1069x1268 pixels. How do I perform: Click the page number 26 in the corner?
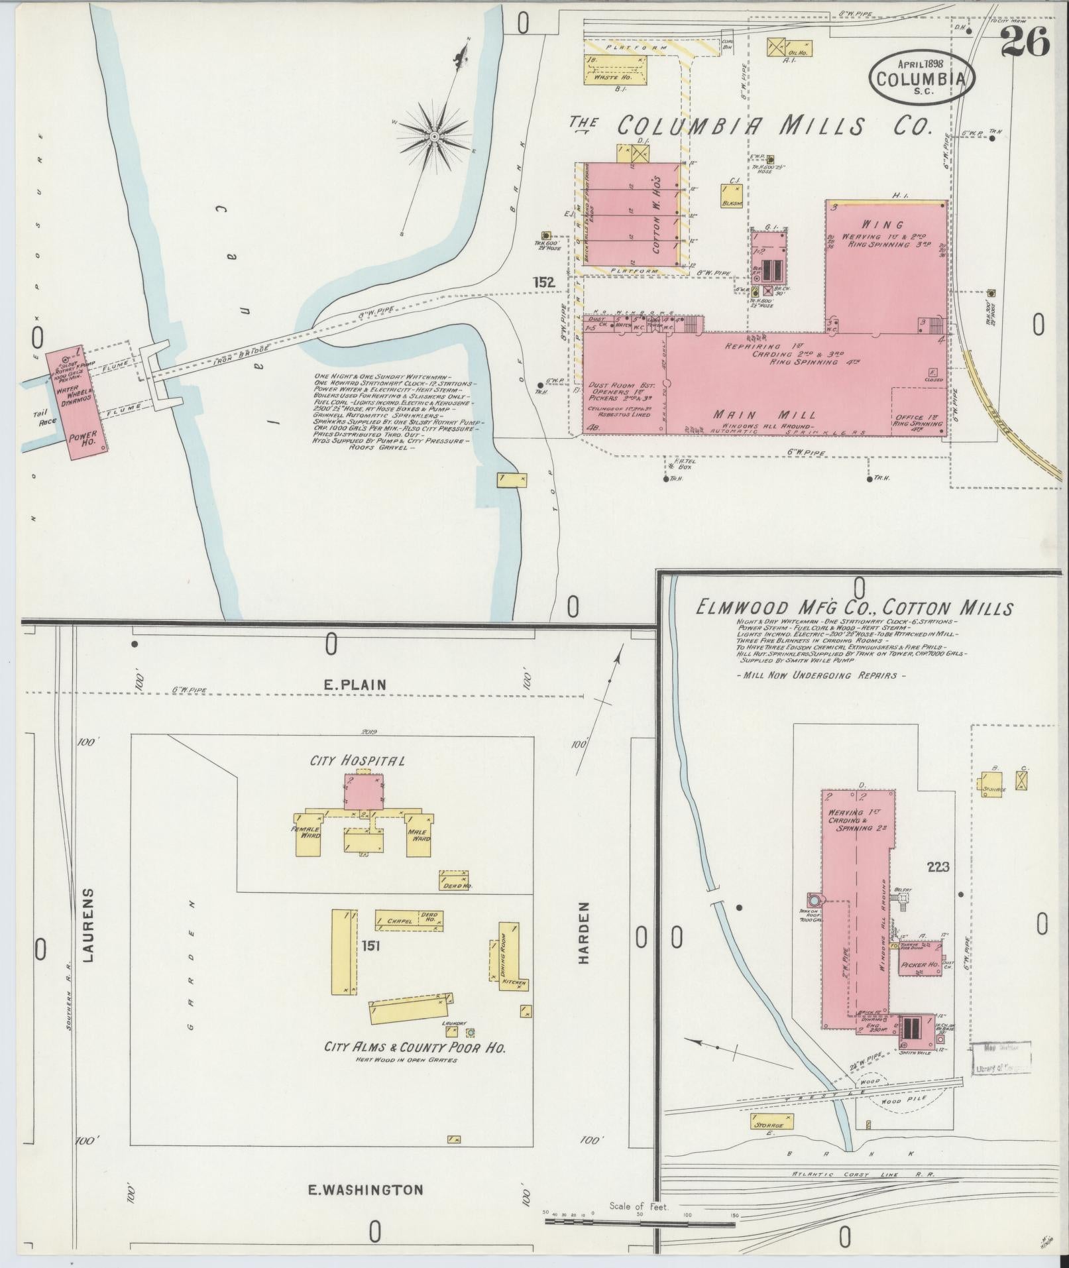pos(1025,41)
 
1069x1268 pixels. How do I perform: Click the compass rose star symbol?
pos(434,137)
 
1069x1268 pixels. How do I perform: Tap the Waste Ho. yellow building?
pos(614,70)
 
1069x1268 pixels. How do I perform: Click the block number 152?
pos(543,282)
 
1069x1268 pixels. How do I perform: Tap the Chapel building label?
pos(399,921)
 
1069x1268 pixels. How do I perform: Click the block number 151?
pos(370,946)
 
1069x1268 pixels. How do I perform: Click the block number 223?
pos(938,866)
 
